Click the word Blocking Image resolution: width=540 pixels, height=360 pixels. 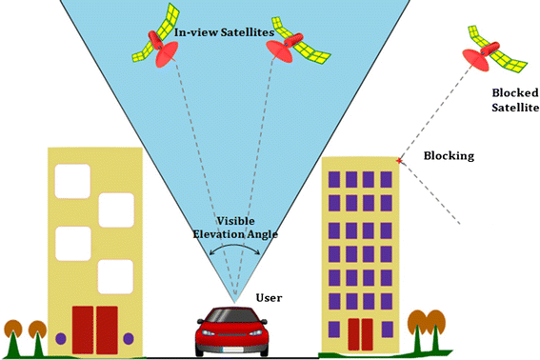tap(448, 155)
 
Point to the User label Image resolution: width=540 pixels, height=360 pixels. tap(270, 298)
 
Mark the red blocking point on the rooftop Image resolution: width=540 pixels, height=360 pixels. tap(398, 162)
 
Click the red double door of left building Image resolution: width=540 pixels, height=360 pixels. tap(94, 330)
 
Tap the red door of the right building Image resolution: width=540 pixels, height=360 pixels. tap(360, 334)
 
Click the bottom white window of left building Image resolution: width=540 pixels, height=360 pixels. tap(115, 275)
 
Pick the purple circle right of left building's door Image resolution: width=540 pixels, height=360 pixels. tap(137, 337)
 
